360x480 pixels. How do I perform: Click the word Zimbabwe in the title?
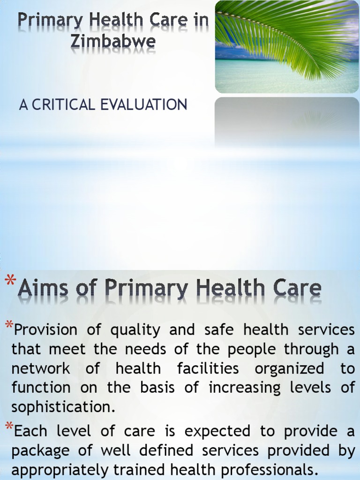(x=113, y=41)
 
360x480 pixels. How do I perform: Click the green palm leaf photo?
(x=287, y=46)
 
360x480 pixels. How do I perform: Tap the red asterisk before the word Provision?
(x=9, y=325)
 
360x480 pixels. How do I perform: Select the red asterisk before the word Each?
(x=9, y=427)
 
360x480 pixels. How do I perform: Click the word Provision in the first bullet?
(x=46, y=330)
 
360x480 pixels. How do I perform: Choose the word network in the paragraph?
(x=41, y=368)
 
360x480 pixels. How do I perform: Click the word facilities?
(x=208, y=368)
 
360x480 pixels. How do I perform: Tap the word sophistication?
(x=63, y=407)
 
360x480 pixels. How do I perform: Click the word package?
(x=41, y=450)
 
